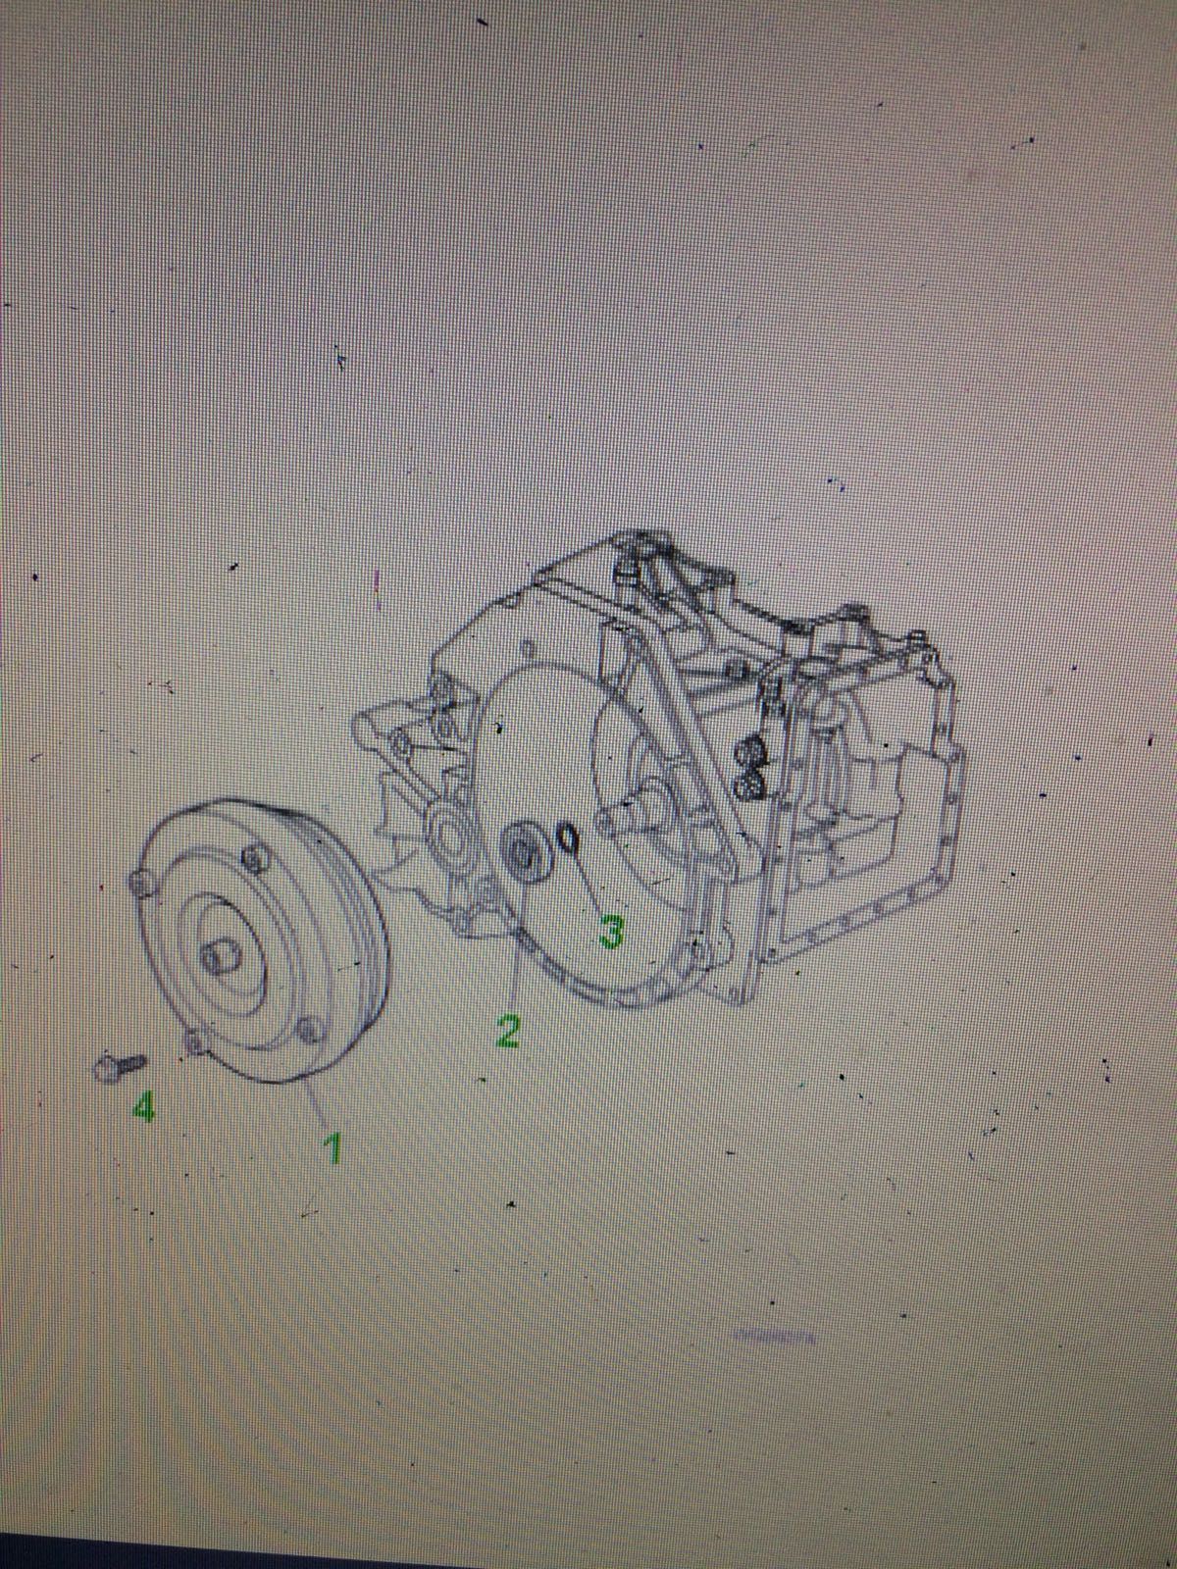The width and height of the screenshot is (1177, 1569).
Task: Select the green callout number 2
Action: (507, 1032)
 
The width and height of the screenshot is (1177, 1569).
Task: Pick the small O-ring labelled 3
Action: (569, 838)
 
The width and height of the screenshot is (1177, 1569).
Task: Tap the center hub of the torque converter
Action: (219, 958)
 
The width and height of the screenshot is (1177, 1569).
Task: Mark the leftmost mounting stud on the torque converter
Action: (141, 885)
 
